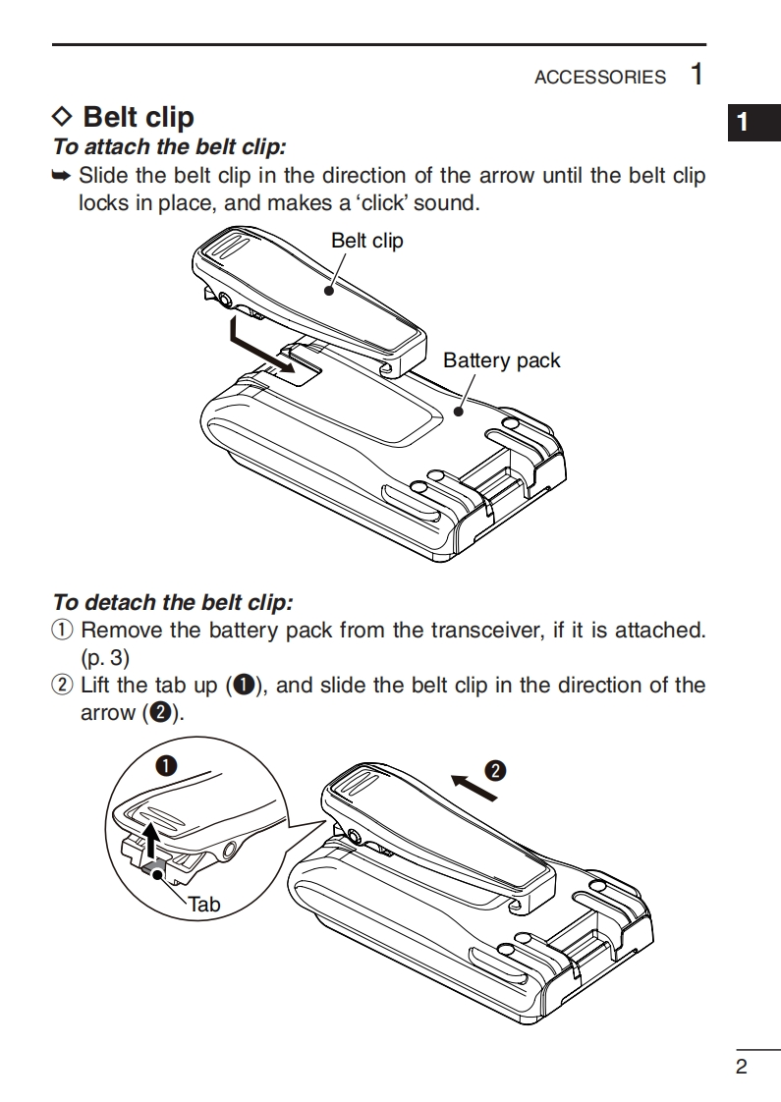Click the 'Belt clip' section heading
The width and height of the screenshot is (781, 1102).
[x=138, y=118]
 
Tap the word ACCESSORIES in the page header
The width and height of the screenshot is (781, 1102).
[x=599, y=78]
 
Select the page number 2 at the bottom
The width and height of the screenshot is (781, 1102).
[x=742, y=1068]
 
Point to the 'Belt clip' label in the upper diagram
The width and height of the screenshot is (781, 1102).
[x=366, y=241]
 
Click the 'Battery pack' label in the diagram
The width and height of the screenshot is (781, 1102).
[x=501, y=360]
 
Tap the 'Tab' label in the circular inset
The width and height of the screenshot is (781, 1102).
[x=203, y=905]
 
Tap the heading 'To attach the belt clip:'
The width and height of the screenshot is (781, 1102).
[x=169, y=147]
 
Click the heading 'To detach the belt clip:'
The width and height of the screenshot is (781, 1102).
[x=173, y=601]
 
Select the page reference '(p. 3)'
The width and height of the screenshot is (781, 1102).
[x=104, y=656]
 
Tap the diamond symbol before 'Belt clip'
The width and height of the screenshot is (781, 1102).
[x=62, y=117]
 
